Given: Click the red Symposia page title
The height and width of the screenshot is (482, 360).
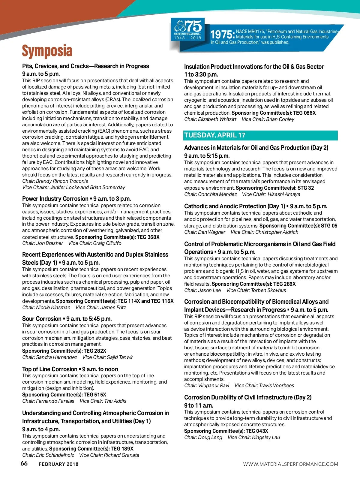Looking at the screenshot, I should [47, 51].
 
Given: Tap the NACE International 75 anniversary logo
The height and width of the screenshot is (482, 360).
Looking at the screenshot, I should [188, 29].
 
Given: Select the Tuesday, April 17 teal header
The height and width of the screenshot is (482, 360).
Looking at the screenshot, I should [215, 135].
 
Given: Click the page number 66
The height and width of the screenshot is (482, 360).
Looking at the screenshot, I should [24, 463].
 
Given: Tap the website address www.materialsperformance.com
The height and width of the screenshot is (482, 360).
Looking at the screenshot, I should [290, 464].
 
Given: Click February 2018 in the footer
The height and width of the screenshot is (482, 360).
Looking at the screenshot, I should [58, 464].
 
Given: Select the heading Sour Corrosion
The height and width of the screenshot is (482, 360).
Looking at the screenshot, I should [42, 319].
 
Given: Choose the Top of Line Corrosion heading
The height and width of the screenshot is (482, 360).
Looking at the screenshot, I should [49, 369].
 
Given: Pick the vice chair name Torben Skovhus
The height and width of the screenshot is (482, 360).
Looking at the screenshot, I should [268, 290].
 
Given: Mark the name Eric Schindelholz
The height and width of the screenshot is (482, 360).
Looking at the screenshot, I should [55, 455].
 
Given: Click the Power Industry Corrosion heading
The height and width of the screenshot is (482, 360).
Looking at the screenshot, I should [55, 199].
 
